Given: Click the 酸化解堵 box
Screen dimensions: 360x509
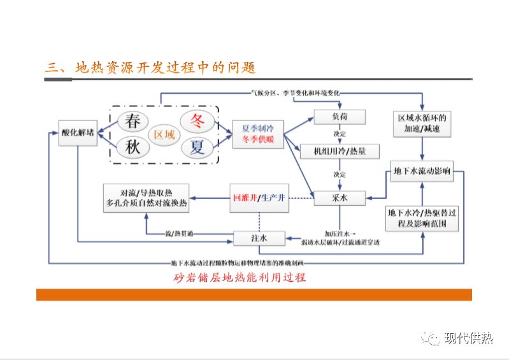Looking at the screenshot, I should (x=77, y=133).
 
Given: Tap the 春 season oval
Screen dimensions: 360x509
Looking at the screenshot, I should (x=132, y=120).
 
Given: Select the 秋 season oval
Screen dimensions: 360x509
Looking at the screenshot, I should (x=132, y=147).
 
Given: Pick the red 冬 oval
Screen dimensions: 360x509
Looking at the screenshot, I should (x=197, y=120).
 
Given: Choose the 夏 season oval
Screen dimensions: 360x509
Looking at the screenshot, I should (x=197, y=148).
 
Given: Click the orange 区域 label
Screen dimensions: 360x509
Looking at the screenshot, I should (x=164, y=134).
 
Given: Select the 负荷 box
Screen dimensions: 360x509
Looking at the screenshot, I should (x=340, y=117).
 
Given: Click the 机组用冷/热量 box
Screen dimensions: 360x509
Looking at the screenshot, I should (x=340, y=152).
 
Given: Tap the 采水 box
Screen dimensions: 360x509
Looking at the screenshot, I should (x=340, y=198).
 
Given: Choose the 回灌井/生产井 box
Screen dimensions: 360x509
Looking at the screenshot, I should (x=259, y=198).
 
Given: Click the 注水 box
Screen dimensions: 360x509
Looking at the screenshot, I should (x=259, y=238).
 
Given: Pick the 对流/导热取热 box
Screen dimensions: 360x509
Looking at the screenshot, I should (x=147, y=198).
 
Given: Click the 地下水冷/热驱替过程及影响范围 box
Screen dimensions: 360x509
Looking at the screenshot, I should (x=422, y=219).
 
